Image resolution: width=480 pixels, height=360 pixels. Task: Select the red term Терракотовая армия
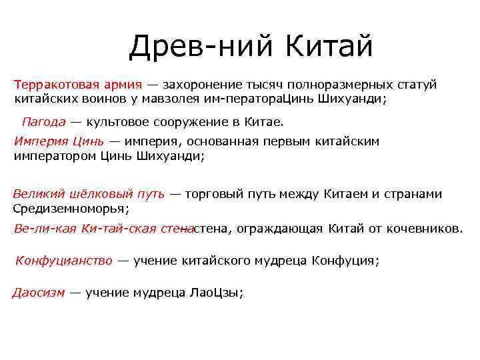pos(77,85)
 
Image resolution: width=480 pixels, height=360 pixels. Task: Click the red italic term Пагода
pos(43,122)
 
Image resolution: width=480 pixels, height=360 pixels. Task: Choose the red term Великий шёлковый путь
pos(89,194)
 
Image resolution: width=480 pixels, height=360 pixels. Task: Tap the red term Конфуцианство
pos(64,261)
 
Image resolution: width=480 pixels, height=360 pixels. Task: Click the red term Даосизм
pos(39,293)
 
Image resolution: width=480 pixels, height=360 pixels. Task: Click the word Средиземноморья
pos(69,208)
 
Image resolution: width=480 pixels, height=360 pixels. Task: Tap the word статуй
pos(417,85)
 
